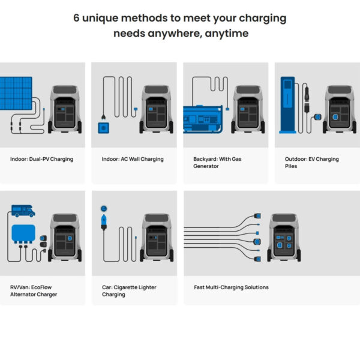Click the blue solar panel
click(x=16, y=93)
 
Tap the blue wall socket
click(x=104, y=128)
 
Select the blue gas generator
click(x=203, y=119)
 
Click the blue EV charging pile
click(x=287, y=105)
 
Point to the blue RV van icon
click(x=23, y=211)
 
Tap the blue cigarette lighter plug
click(x=104, y=222)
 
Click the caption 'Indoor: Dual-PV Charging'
click(x=41, y=159)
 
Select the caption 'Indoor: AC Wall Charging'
click(x=133, y=159)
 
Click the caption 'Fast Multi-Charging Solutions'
click(x=231, y=287)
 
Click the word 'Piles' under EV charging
click(x=291, y=166)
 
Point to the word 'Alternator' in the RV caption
click(x=23, y=295)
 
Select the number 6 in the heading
click(x=76, y=18)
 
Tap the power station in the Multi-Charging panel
click(x=284, y=238)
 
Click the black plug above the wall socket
click(x=104, y=118)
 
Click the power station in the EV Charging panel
click(x=340, y=109)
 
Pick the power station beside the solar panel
click(x=65, y=109)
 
